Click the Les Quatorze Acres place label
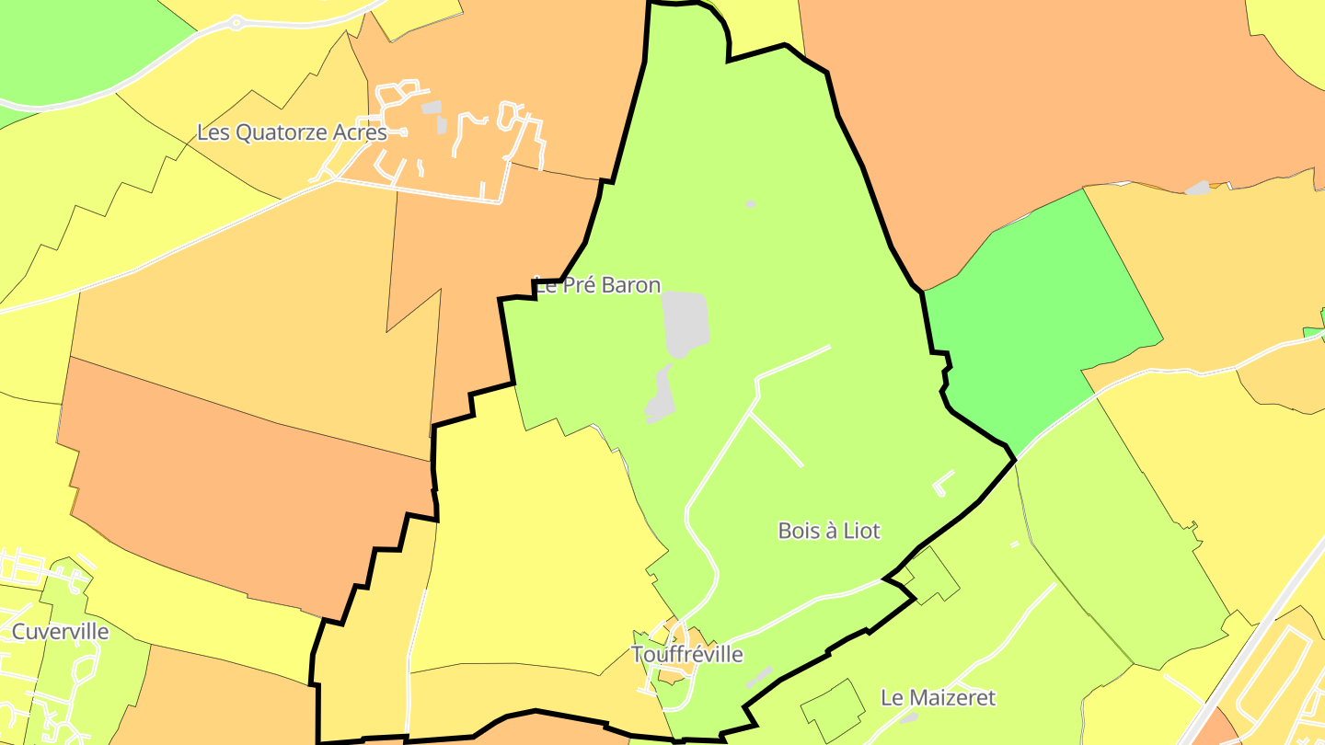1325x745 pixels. [292, 132]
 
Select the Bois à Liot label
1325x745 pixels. [828, 531]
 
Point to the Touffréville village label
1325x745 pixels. [687, 655]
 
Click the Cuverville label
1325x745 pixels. [60, 632]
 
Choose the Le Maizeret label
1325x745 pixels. [938, 698]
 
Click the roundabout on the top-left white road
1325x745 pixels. [236, 22]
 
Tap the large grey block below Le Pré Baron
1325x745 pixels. [686, 323]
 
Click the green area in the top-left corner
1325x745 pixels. [74, 46]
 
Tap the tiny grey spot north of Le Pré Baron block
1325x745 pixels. [751, 203]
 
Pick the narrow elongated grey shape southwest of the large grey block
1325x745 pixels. [660, 395]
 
